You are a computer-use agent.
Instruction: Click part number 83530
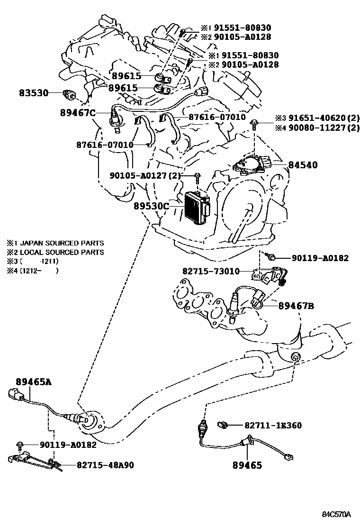tap(34, 93)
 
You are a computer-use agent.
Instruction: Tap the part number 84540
tap(301, 165)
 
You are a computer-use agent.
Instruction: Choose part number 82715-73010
tap(211, 272)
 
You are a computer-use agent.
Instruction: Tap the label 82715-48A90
tap(105, 465)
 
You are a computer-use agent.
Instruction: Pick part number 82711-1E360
tap(273, 426)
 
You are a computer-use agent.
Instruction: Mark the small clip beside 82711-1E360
tap(223, 425)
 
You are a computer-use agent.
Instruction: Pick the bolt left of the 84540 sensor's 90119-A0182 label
tap(272, 257)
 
